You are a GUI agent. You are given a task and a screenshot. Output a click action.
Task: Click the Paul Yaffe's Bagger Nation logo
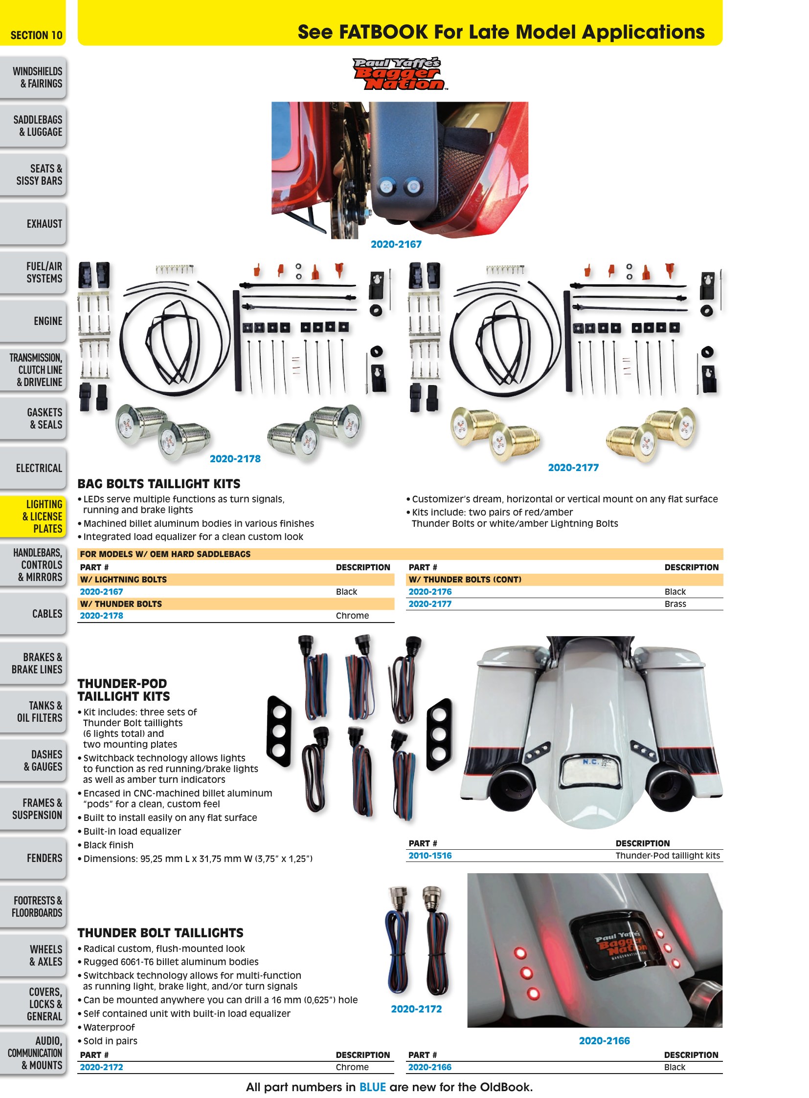click(400, 74)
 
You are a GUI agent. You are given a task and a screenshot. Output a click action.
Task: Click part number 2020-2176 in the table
click(430, 592)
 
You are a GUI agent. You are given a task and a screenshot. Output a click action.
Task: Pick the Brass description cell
click(675, 604)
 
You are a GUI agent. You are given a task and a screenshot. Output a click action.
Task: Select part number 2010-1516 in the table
click(430, 855)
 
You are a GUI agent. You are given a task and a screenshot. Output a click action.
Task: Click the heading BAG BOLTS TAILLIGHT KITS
click(158, 484)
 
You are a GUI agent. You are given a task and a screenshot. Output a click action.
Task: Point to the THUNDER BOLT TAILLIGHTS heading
click(160, 933)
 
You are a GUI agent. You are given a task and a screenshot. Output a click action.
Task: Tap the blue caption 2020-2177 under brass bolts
click(573, 467)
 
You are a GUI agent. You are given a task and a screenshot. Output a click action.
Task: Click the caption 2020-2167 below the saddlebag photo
click(396, 244)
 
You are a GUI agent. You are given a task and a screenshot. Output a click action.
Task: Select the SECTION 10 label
click(36, 35)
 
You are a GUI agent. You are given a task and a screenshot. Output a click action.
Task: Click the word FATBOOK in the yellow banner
click(383, 32)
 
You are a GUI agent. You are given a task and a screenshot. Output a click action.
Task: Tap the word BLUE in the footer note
click(372, 1087)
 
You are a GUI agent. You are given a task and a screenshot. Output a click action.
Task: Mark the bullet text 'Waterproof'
click(109, 1027)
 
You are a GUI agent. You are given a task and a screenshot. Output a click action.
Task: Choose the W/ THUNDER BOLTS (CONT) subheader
click(465, 580)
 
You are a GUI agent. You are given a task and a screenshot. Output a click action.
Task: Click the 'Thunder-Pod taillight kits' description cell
click(668, 855)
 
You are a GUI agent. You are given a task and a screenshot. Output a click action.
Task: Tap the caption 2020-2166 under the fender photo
click(604, 1041)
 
